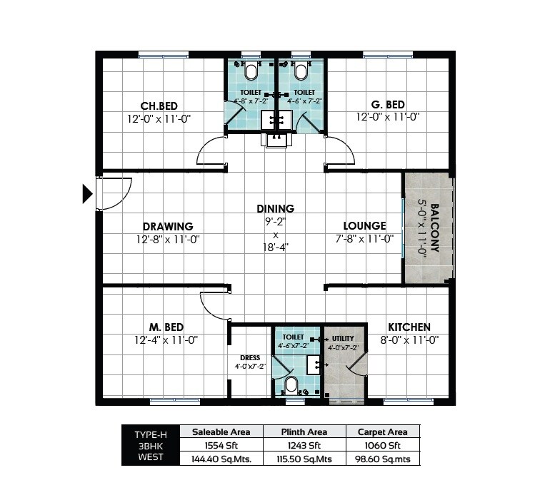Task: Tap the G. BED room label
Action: tap(388, 105)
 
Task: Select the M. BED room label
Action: tap(166, 327)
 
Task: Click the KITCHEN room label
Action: tap(409, 327)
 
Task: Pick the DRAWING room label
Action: tap(167, 227)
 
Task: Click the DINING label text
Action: tap(276, 209)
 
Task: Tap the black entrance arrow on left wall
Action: tap(87, 194)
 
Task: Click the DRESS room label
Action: tap(250, 358)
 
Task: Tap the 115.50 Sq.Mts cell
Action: tap(304, 459)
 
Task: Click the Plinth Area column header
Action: tap(304, 432)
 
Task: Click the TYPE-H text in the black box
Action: tap(150, 434)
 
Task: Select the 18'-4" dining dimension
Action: tap(276, 247)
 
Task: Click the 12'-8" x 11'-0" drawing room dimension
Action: tap(167, 240)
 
